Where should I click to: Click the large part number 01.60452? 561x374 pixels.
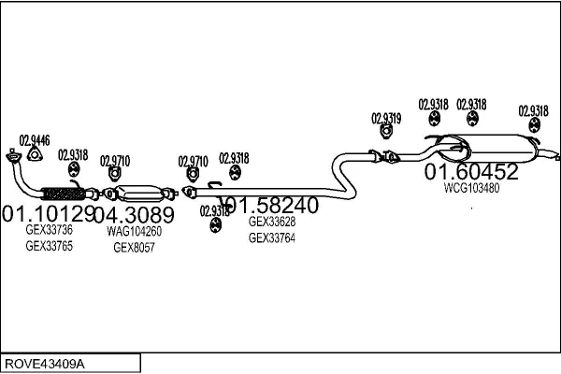click(x=471, y=172)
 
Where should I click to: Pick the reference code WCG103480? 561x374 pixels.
click(x=471, y=188)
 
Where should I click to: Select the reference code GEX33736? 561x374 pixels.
click(x=49, y=230)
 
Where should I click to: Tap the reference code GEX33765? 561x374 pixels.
click(x=49, y=246)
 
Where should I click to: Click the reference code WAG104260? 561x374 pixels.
click(x=134, y=231)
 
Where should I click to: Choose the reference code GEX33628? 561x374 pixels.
click(x=271, y=223)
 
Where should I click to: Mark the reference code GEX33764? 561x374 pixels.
click(x=271, y=238)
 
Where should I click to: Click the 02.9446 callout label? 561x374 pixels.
click(x=35, y=139)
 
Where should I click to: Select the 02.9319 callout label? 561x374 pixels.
click(x=386, y=119)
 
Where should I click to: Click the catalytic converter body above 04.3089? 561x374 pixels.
click(x=146, y=192)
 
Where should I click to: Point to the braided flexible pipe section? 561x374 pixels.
click(x=65, y=194)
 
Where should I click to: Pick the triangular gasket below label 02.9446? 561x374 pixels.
click(x=35, y=155)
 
